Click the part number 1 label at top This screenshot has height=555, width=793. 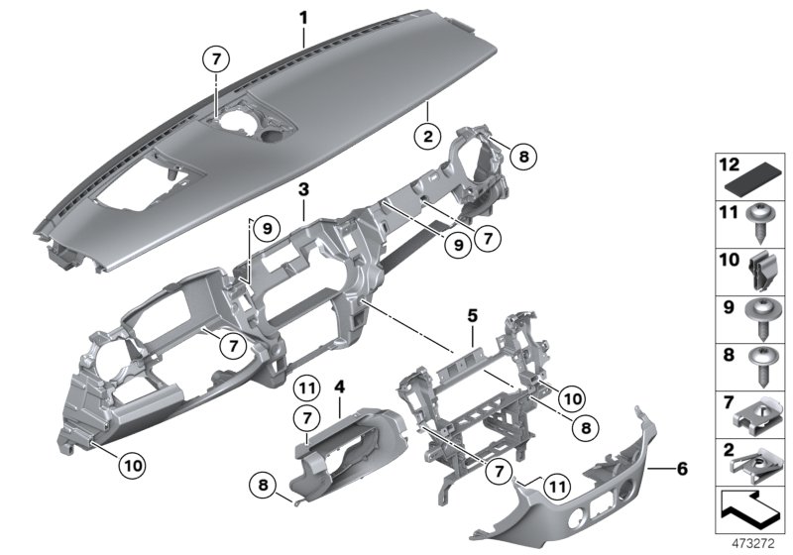coord(304,17)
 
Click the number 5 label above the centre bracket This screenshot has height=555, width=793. coord(473,317)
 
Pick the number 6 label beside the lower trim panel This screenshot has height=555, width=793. coord(682,464)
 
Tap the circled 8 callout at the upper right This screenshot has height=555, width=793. coord(524,155)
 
